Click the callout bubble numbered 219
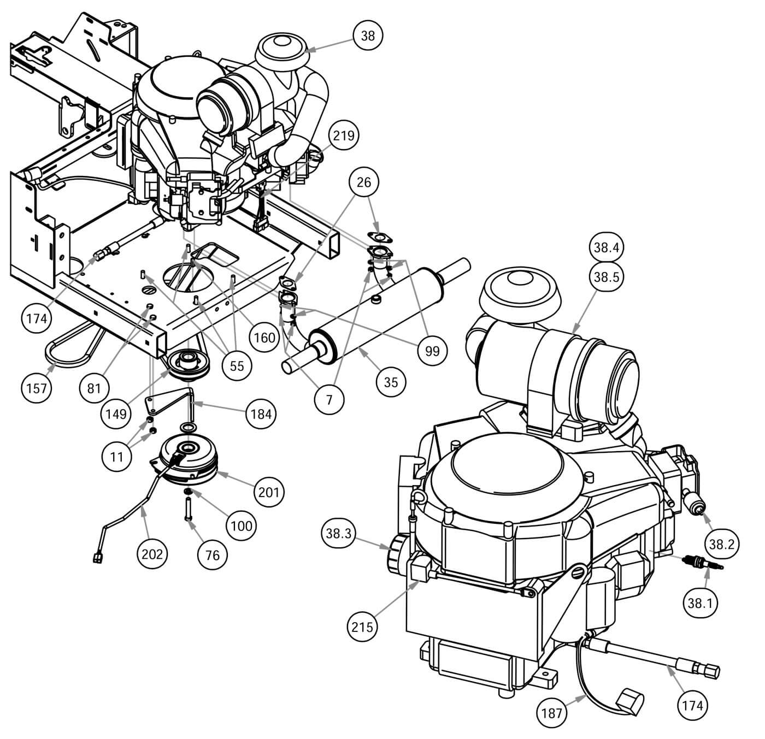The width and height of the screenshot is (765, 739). (344, 136)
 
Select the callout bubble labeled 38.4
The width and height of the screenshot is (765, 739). (605, 247)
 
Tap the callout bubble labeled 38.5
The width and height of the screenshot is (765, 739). (605, 277)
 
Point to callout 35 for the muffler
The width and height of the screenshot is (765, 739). (391, 382)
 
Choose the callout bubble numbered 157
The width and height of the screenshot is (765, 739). (37, 388)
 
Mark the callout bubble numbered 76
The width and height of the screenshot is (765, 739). (212, 554)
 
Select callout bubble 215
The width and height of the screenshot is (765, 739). (363, 626)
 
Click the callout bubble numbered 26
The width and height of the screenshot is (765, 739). (364, 182)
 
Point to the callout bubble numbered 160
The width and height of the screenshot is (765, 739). (264, 337)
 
